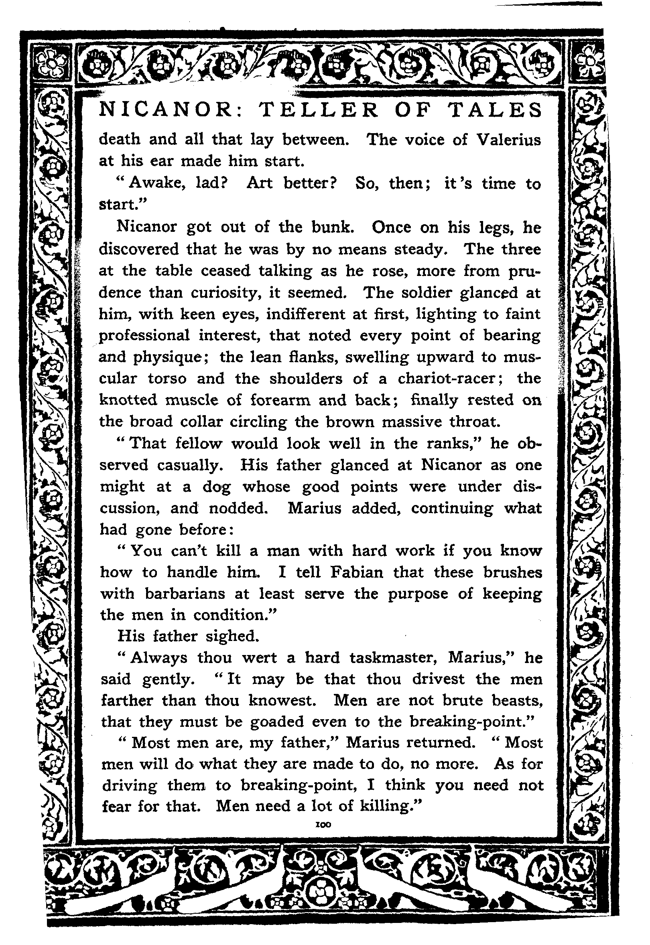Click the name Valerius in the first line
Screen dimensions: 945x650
click(x=509, y=140)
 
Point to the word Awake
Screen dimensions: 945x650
click(x=157, y=183)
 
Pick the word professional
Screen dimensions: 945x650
click(x=144, y=335)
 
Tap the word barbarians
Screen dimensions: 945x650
click(x=185, y=594)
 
